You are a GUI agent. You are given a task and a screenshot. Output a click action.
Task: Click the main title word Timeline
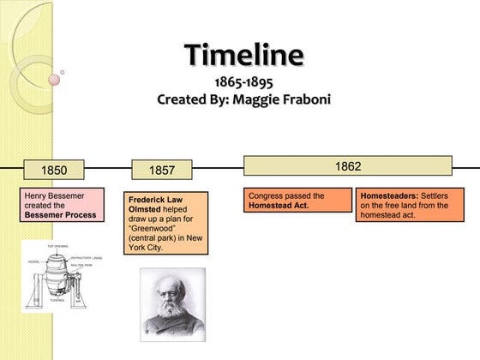tap(244, 55)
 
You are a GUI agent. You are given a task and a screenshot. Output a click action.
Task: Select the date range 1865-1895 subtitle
tap(243, 82)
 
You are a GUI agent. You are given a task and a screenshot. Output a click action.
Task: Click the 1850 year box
tap(54, 170)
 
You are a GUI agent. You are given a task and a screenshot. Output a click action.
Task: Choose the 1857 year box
tap(162, 171)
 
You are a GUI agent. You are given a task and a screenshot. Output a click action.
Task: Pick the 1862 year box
tap(347, 165)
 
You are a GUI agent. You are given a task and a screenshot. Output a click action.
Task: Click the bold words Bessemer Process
tap(60, 215)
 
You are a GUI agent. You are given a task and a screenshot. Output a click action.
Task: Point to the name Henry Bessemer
tap(54, 195)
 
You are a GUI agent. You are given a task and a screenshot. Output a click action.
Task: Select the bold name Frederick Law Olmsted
tap(155, 203)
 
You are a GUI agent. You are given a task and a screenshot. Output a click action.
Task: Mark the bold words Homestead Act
tap(279, 206)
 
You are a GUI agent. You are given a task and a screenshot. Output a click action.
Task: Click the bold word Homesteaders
tap(388, 195)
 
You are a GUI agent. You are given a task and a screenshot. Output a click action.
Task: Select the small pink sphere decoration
tap(55, 80)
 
